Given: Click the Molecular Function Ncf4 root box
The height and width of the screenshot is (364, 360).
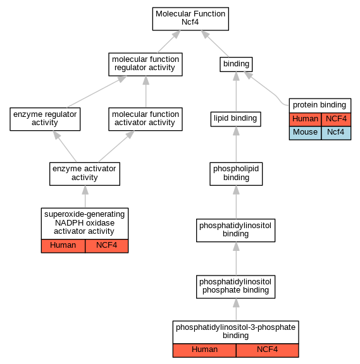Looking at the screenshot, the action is [190, 19].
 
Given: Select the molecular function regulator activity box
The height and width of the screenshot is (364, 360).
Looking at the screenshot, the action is [146, 64].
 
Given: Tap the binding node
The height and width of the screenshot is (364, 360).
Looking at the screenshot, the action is [236, 64].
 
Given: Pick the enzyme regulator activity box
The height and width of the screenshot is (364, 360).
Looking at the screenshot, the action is [45, 119].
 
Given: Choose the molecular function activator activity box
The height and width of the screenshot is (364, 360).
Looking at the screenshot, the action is [146, 119].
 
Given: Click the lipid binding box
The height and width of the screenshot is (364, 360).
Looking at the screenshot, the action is [235, 119].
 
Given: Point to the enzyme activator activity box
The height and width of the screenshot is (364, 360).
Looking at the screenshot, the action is [85, 174].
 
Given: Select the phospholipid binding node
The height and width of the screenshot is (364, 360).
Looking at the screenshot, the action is [236, 174].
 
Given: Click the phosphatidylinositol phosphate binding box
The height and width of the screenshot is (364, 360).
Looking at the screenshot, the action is [235, 287].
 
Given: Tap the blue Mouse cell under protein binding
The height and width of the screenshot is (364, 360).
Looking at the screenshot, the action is [305, 133].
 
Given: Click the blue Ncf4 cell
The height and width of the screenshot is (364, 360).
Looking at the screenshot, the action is [336, 133].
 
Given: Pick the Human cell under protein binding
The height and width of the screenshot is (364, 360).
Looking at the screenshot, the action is [305, 119].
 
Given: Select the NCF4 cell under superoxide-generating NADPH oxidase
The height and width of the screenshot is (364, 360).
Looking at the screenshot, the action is [106, 246].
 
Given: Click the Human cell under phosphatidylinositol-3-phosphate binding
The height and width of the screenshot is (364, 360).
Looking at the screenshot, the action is [204, 350].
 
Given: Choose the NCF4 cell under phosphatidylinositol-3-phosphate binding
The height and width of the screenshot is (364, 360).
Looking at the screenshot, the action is [267, 350].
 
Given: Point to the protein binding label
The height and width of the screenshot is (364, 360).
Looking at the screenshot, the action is [320, 105].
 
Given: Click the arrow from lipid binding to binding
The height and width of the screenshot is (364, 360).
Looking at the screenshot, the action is [236, 92].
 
